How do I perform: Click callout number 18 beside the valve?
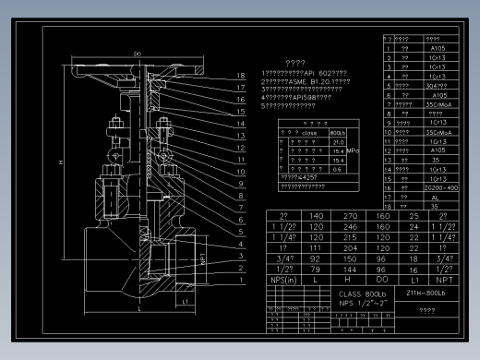(239, 76)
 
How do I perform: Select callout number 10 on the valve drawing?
(239, 160)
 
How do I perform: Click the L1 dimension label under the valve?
(185, 301)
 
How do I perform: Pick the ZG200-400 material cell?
(438, 186)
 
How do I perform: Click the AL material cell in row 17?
(438, 197)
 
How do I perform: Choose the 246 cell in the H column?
(350, 226)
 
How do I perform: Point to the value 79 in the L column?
(318, 268)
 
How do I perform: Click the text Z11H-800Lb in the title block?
(426, 293)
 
